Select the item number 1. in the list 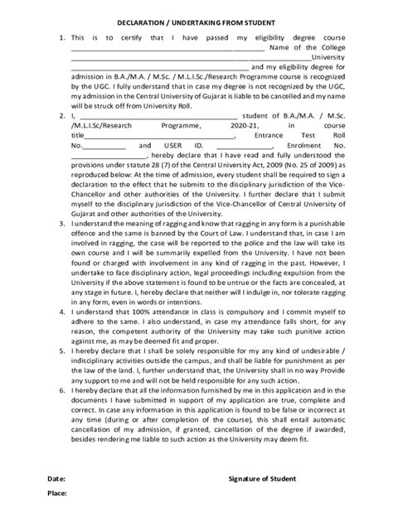pyautogui.click(x=61, y=38)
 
